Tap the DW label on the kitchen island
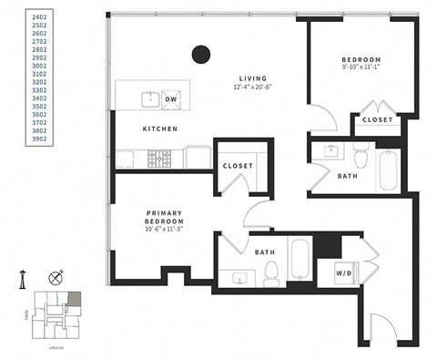(x=170, y=98)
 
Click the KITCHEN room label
(x=159, y=129)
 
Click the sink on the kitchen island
(x=147, y=98)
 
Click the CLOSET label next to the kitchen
(x=238, y=166)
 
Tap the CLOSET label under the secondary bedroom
(x=377, y=120)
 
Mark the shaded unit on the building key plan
(x=75, y=299)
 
